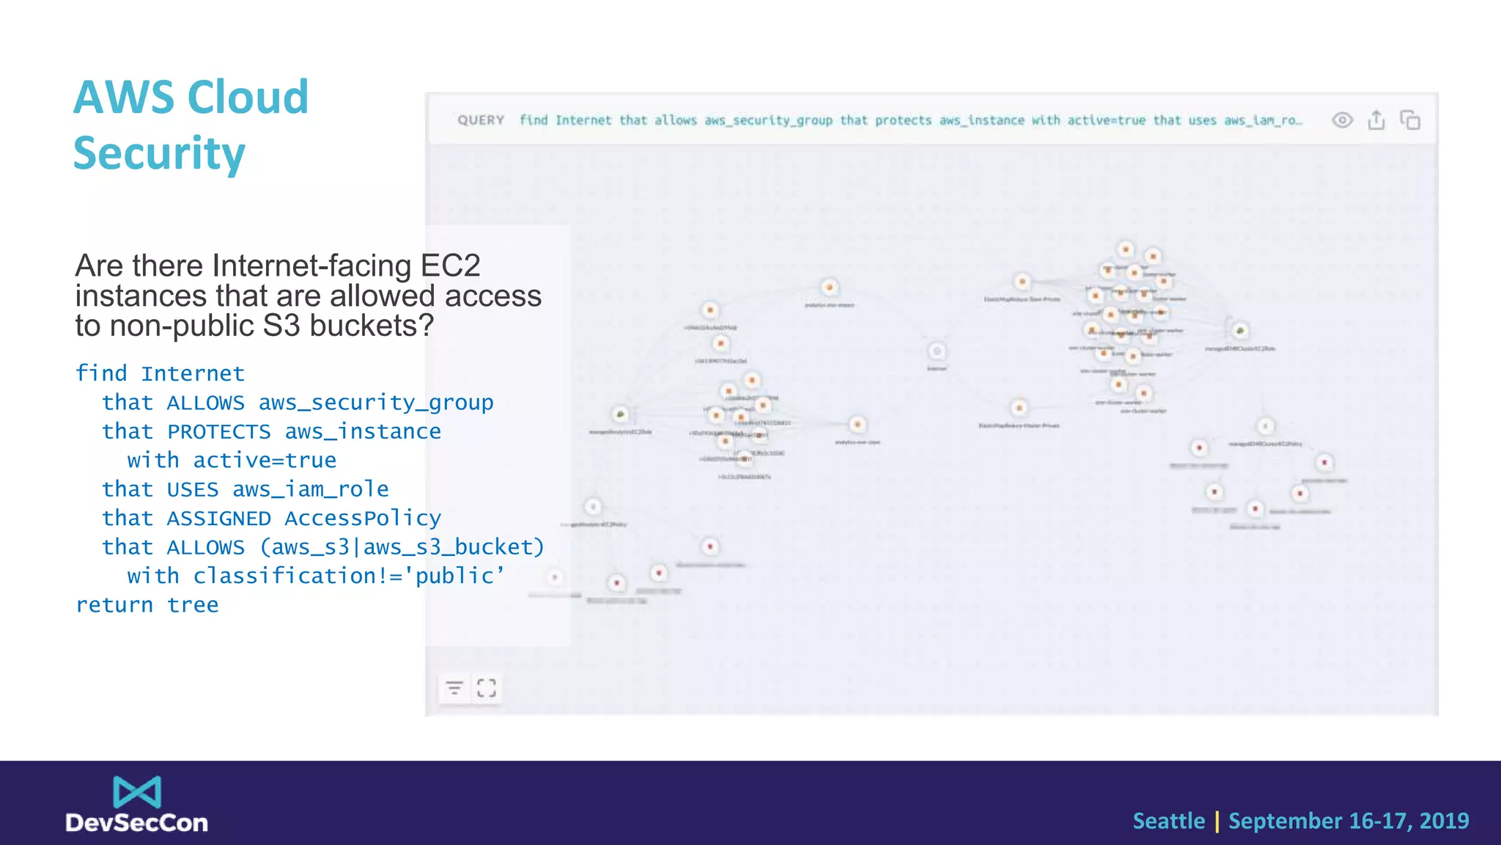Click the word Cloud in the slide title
click(x=248, y=97)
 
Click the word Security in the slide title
click(x=159, y=153)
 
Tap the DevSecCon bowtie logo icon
click(x=137, y=792)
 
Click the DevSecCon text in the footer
click(x=137, y=823)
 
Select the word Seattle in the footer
click(x=1168, y=821)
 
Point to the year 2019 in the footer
click(x=1444, y=821)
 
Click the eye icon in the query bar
click(x=1342, y=120)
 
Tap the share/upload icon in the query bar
click(x=1376, y=120)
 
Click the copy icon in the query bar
click(x=1410, y=120)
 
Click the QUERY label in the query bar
click(x=481, y=120)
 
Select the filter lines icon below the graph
click(x=454, y=688)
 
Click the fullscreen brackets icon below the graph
click(x=487, y=688)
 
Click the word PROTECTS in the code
click(x=218, y=432)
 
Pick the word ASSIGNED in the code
click(x=218, y=519)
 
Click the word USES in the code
click(x=192, y=489)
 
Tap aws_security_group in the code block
click(x=375, y=403)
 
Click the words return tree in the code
click(x=147, y=605)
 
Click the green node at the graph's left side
click(x=621, y=415)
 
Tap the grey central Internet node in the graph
click(x=937, y=351)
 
